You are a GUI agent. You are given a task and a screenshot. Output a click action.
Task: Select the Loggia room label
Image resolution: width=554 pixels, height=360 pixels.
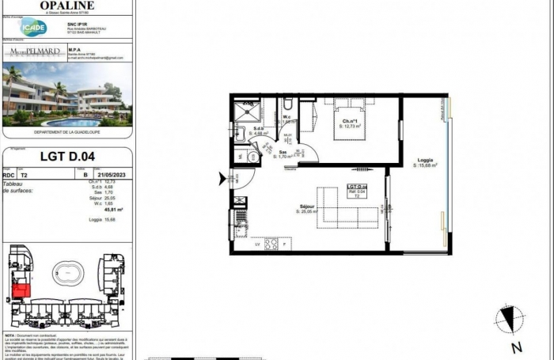(x=426, y=162)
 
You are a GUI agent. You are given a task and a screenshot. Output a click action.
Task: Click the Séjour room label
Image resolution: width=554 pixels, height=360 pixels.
(x=306, y=208)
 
